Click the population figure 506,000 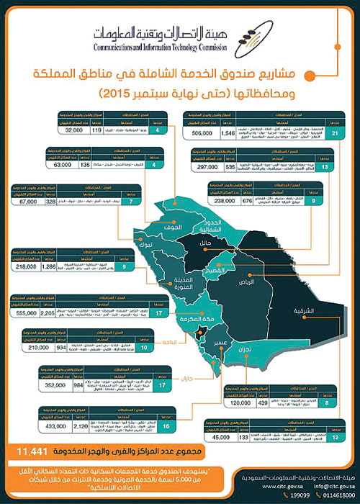[x=206, y=134]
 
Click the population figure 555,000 [x=25, y=313]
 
